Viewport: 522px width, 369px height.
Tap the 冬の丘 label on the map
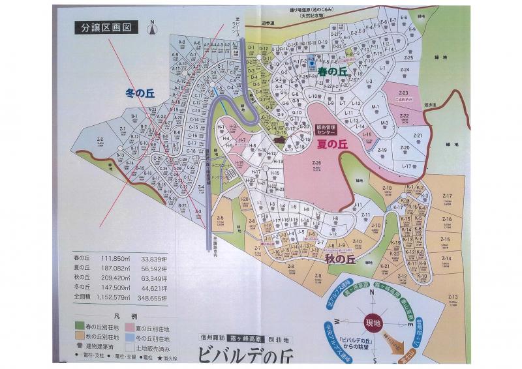coord(138,93)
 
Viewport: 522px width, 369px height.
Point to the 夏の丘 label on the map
coord(331,144)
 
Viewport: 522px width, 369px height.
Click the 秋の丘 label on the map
coord(340,258)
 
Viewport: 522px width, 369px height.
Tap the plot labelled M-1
coord(375,108)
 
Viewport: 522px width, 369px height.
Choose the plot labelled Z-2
coord(100,141)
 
